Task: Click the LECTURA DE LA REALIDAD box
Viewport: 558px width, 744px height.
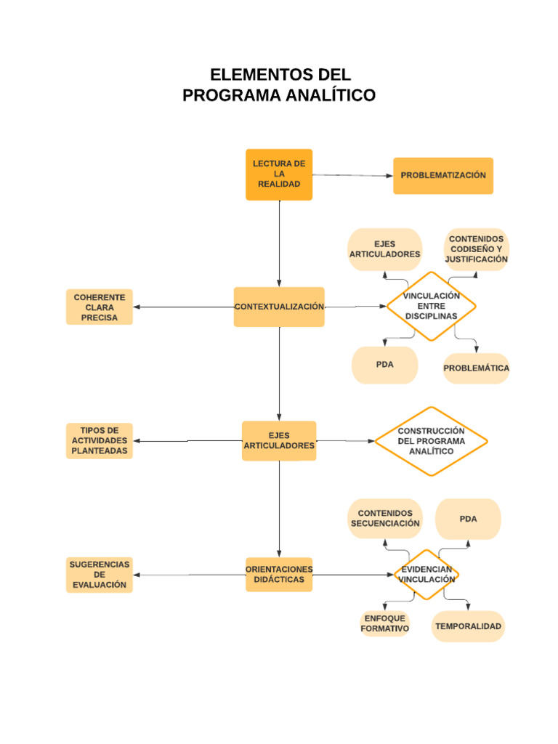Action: coord(279,174)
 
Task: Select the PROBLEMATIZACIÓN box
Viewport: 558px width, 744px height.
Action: coord(443,176)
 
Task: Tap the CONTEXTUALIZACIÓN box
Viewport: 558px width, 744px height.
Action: coord(279,307)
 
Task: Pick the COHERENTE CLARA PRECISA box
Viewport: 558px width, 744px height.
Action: coord(100,307)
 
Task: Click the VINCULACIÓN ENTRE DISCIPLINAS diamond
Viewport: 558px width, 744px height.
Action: coord(431,306)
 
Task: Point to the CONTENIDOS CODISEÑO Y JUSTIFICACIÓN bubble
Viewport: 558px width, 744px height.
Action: coord(477,249)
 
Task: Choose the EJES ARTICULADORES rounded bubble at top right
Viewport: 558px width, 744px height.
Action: coord(385,249)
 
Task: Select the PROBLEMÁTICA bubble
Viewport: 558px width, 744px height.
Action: coord(477,368)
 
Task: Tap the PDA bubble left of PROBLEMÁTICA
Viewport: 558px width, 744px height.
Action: coord(385,365)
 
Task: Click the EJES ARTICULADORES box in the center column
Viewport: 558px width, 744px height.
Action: coord(279,441)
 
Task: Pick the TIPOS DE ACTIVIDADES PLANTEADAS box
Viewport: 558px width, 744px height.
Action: coord(100,441)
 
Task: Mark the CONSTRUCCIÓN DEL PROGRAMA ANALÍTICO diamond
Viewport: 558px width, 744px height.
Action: coord(431,441)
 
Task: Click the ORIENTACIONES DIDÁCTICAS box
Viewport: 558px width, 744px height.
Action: coord(279,575)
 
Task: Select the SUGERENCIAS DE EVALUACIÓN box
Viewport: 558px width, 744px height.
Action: coord(100,575)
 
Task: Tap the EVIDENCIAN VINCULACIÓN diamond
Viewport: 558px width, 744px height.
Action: coord(427,575)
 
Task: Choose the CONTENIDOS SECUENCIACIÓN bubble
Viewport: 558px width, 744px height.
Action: coord(385,519)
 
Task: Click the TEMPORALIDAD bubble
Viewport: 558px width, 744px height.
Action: coord(468,626)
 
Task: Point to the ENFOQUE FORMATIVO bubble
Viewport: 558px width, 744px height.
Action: coord(385,624)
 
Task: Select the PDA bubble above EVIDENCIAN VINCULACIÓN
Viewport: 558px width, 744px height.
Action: coord(468,519)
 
